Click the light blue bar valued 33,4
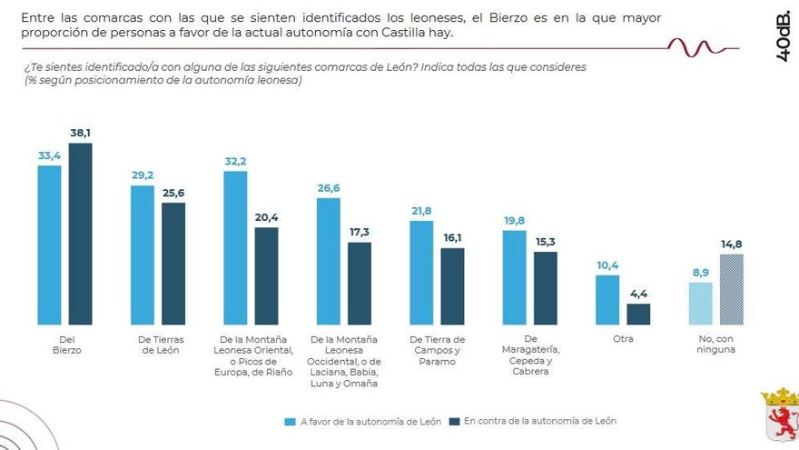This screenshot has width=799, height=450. coord(49,245)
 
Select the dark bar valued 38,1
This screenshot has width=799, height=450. coord(80,234)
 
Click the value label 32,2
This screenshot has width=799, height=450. coord(236,161)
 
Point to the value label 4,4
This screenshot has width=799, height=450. coord(639,294)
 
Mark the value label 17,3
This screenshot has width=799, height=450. coord(360,233)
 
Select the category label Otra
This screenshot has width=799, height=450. coord(623,338)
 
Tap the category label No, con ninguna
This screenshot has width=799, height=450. coord(716,344)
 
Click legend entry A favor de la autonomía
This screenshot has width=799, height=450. coord(363,422)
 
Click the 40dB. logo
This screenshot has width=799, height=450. coord(784,38)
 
